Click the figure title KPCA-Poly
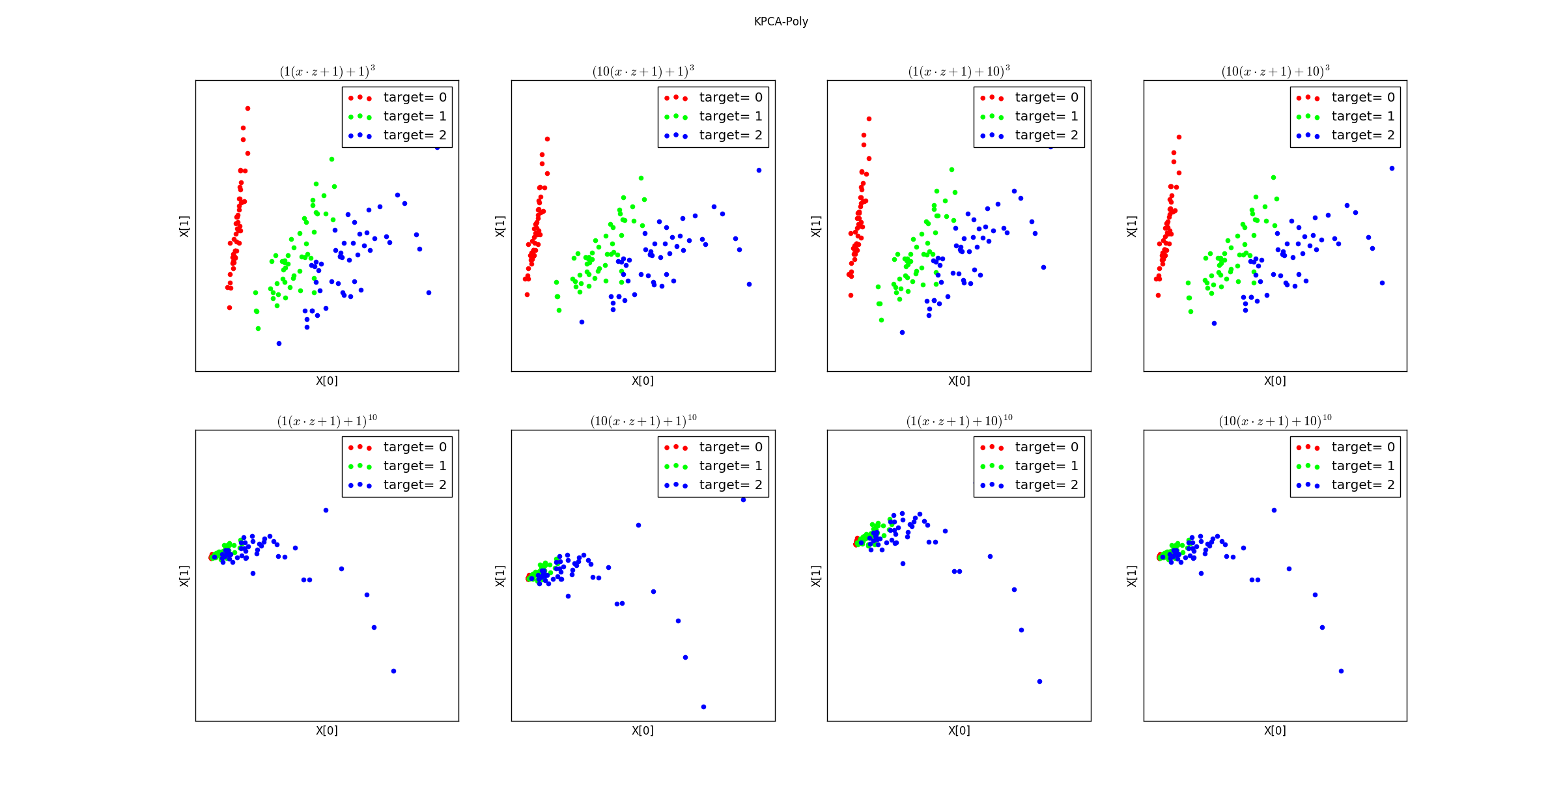(x=781, y=21)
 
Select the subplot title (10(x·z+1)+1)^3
(x=643, y=71)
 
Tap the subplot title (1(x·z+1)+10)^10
(x=959, y=421)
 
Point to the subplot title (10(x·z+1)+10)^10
(x=1274, y=421)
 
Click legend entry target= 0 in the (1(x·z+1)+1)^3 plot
(x=414, y=98)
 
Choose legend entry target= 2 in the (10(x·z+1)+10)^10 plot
(x=1362, y=485)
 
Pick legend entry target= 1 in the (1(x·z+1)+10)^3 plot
(x=1046, y=117)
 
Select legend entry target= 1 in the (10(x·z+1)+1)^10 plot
(x=730, y=466)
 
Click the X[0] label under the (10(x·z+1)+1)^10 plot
(x=643, y=731)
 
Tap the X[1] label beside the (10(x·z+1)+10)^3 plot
(x=1132, y=226)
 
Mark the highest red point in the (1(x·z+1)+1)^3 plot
(x=247, y=109)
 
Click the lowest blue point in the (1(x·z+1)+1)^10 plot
(x=393, y=671)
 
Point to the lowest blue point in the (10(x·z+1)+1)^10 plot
(x=703, y=707)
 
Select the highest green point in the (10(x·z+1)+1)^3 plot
(x=641, y=178)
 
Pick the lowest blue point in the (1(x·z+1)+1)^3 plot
(x=279, y=344)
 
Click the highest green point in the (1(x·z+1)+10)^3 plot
(x=951, y=170)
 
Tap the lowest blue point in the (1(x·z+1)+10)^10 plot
(x=1039, y=682)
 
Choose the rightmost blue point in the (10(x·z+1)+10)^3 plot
(x=1392, y=169)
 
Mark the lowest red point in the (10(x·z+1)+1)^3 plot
(x=527, y=295)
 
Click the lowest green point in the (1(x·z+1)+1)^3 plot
(x=258, y=329)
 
